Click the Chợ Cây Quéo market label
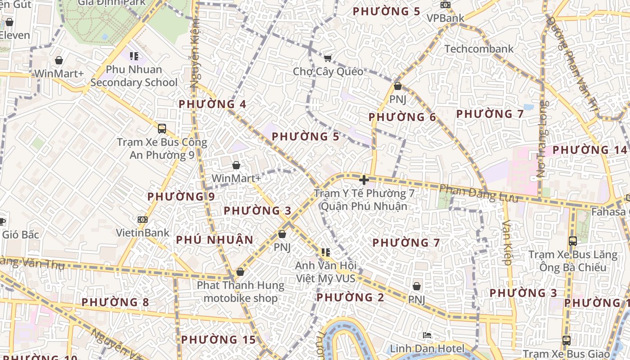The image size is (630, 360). pos(328,72)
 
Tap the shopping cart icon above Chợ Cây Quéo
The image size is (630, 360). pos(328,58)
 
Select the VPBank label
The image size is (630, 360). pos(445,18)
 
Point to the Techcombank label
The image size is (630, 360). pos(479,49)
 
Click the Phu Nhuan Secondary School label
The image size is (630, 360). pos(134,76)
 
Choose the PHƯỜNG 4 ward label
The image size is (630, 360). pos(212,104)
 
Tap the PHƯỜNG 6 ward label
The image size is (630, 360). pos(402,117)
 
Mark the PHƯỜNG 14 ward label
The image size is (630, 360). pos(589,150)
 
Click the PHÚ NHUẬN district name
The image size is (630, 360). pos(215,240)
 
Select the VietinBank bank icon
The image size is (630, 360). pos(143,220)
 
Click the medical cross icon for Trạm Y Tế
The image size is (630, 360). pos(364,180)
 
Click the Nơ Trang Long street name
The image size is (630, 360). pos(542,139)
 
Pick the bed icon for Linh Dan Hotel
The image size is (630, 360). pos(427,335)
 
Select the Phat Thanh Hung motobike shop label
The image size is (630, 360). pos(240,292)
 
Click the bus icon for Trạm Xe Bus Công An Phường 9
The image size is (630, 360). pos(162,129)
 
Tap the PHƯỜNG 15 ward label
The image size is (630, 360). pos(218,340)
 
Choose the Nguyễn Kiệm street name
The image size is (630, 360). pos(195,54)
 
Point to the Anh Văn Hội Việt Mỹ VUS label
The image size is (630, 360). pos(325,272)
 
